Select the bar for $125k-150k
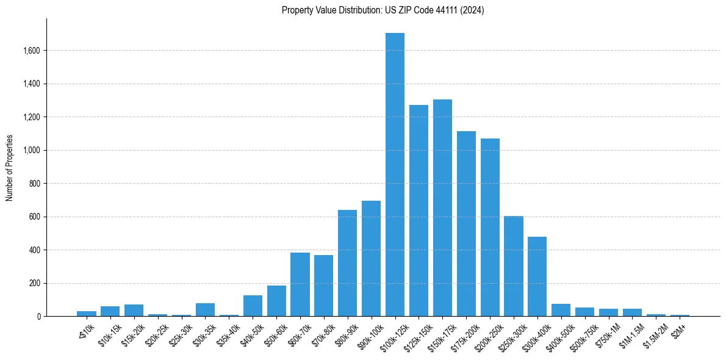tap(419, 211)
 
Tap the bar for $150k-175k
tap(442, 208)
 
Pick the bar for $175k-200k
tap(466, 224)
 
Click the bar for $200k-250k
tap(490, 228)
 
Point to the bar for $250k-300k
tap(514, 266)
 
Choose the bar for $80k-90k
tap(347, 263)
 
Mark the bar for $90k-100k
tap(371, 259)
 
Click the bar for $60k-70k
tap(300, 284)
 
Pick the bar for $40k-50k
tap(253, 306)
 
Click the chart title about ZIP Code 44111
tap(383, 10)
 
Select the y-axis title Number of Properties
tap(10, 168)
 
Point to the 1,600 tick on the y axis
tap(31, 51)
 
